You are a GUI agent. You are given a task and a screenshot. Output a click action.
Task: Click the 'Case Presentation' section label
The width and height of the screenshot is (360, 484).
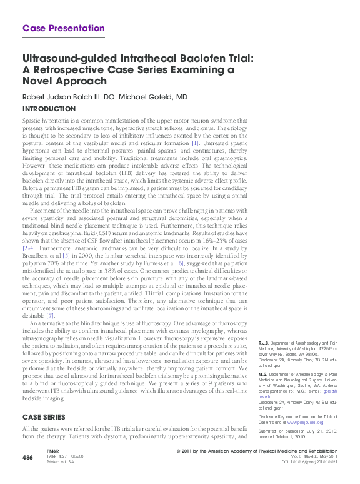(63, 28)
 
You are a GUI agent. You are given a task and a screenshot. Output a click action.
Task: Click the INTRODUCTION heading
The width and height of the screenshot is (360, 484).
(49, 108)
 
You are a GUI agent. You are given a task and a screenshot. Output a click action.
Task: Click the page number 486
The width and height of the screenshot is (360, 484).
(27, 458)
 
